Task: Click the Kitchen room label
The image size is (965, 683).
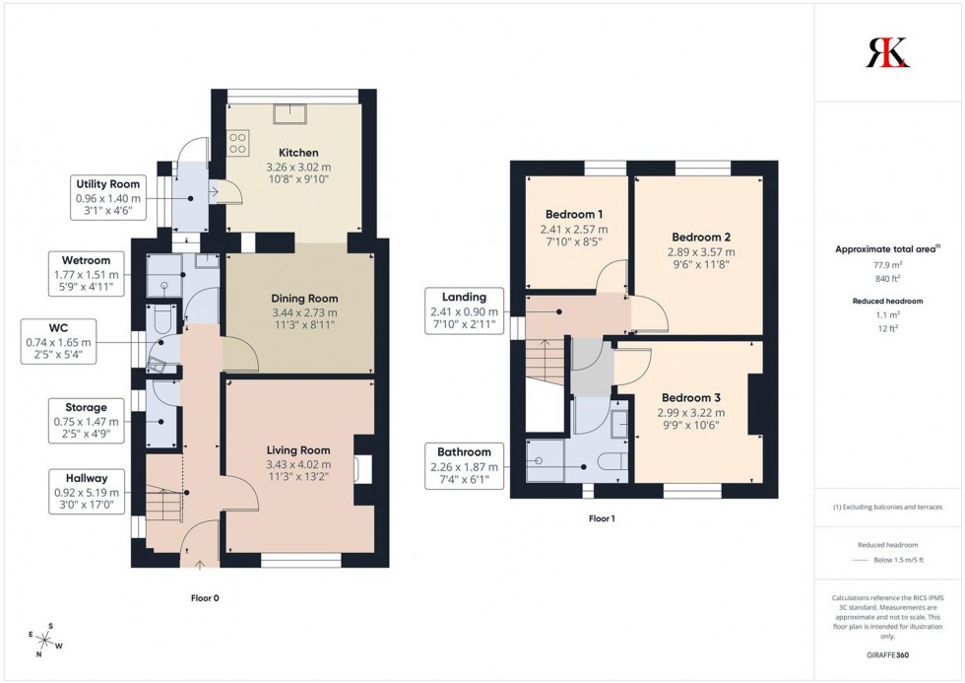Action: point(297,153)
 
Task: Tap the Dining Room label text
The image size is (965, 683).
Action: point(304,298)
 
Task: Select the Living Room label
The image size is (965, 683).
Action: point(298,450)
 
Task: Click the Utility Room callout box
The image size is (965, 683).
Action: point(108,196)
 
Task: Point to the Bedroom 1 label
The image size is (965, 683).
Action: point(574,214)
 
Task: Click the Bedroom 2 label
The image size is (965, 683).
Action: point(700,237)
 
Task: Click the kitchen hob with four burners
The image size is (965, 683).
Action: point(239,145)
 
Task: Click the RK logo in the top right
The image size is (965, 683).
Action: point(887,51)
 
